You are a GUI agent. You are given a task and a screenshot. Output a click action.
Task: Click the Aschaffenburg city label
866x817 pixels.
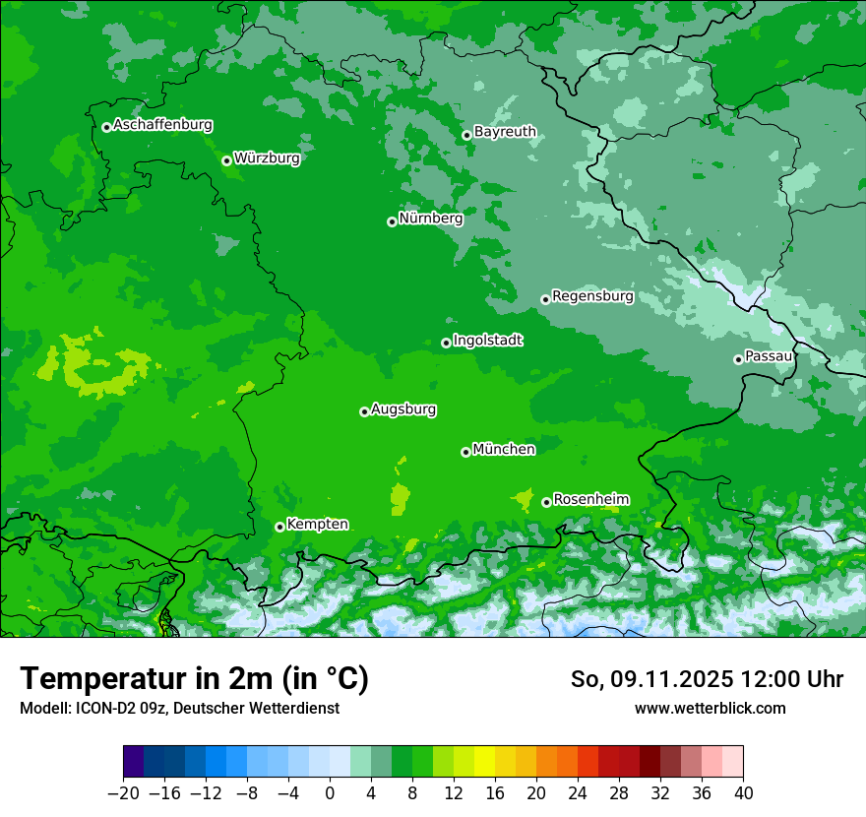click(162, 125)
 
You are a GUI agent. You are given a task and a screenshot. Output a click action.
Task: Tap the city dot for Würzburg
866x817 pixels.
click(226, 160)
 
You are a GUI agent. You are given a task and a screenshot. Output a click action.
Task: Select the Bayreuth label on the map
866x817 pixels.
click(505, 132)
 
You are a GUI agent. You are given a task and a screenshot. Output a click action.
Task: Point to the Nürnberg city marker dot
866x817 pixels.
click(392, 221)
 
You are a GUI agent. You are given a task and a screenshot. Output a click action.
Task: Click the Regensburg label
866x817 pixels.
click(592, 296)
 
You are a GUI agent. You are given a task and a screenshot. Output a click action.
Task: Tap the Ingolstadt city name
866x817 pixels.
click(487, 341)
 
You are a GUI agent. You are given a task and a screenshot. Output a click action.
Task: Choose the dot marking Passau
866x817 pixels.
click(738, 359)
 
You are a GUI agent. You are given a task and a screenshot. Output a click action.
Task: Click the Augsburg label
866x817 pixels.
click(403, 409)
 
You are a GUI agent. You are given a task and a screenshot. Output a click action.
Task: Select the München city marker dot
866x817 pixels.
click(465, 452)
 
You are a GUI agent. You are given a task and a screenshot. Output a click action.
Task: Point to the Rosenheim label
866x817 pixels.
click(590, 500)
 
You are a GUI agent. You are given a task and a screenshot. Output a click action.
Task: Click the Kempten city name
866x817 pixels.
click(317, 525)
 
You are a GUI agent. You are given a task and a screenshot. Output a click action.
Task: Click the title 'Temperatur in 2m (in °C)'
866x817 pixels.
click(194, 679)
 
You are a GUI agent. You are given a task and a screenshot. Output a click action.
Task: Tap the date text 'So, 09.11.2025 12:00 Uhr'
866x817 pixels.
click(707, 679)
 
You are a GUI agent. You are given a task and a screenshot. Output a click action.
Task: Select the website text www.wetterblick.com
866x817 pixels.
click(710, 708)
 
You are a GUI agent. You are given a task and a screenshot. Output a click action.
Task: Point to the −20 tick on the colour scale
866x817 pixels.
click(123, 793)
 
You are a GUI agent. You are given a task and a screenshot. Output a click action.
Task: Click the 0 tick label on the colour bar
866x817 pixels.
click(330, 793)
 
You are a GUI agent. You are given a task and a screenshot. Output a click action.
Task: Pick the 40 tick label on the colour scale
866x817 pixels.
click(743, 793)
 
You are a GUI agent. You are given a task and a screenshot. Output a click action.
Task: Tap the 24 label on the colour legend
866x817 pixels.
click(578, 793)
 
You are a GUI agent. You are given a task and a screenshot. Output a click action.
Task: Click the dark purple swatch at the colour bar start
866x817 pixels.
click(133, 762)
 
